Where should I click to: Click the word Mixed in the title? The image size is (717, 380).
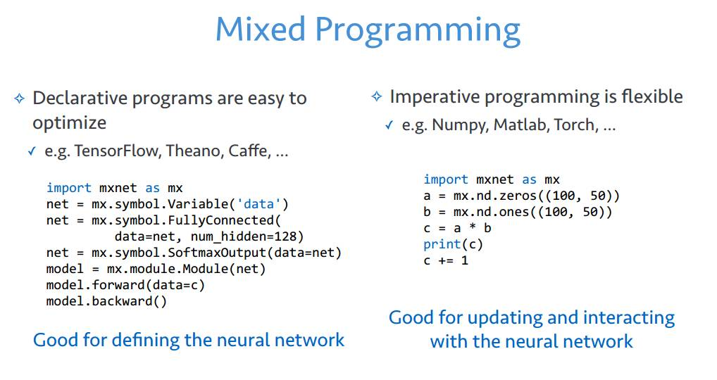[x=260, y=30]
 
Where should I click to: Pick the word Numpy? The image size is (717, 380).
[x=459, y=125]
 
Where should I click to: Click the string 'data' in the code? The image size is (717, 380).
[x=259, y=204]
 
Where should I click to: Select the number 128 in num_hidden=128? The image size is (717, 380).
[x=292, y=236]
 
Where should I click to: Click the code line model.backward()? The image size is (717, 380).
[x=108, y=301]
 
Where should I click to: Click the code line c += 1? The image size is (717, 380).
[x=446, y=260]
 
